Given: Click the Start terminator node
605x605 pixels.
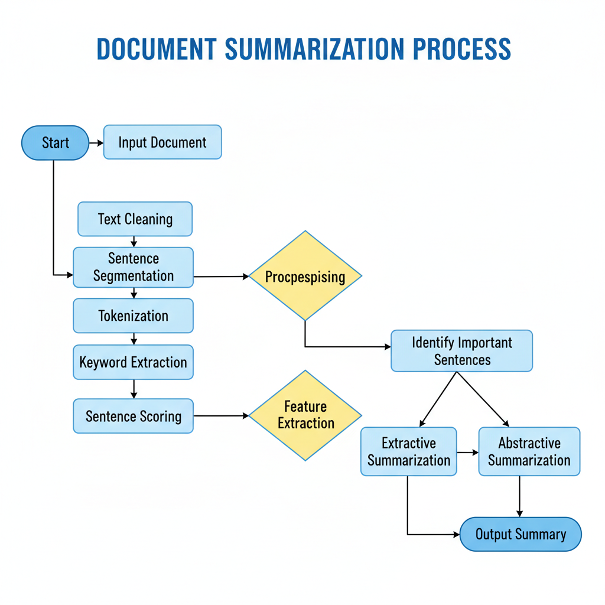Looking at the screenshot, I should click(x=55, y=143).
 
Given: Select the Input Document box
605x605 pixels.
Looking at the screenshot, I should click(x=162, y=142).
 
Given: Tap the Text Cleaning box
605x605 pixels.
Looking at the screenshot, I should click(x=135, y=219).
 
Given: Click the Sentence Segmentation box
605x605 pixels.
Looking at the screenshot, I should click(x=133, y=268).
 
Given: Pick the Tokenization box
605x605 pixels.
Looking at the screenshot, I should click(x=133, y=315).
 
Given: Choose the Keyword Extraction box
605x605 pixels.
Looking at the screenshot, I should click(x=133, y=362).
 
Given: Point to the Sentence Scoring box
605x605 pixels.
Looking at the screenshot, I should click(x=133, y=416).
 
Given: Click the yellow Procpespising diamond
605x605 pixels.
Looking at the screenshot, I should click(x=305, y=276).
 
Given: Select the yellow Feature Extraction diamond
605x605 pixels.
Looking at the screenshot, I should click(x=305, y=415).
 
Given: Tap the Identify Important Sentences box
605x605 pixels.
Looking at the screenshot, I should click(x=462, y=351).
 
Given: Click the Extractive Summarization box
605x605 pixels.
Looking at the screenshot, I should click(x=409, y=452).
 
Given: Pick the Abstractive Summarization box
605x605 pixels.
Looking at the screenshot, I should click(x=529, y=452).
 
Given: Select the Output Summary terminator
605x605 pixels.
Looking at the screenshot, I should click(x=521, y=535).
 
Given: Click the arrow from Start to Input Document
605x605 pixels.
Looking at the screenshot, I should click(x=96, y=143).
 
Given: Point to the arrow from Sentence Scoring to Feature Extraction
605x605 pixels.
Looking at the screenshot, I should click(x=221, y=416).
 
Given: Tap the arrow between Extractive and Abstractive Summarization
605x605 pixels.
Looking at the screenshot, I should click(x=467, y=453).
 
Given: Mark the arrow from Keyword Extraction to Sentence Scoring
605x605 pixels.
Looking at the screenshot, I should click(x=134, y=389).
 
